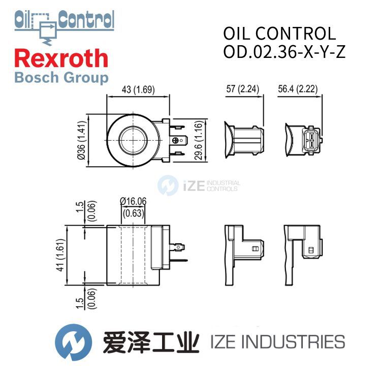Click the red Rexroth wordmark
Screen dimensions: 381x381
61,58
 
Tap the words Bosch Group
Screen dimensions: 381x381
61,78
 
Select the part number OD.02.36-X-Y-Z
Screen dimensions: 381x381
284,52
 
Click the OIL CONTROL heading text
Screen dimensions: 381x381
279,34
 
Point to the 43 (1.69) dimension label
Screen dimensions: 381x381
139,90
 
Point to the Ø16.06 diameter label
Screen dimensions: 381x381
133,202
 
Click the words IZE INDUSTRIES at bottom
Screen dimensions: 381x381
277,342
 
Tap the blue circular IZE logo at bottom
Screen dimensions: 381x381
73,341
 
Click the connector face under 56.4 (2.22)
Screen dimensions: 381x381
310,139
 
